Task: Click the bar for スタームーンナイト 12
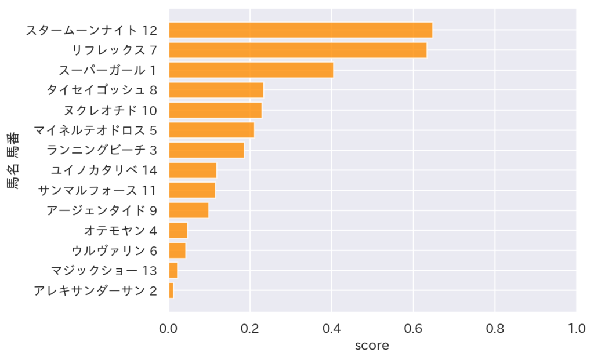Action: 300,30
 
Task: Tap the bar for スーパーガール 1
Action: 251,70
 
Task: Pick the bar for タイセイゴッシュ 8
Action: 216,90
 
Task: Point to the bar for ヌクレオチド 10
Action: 215,110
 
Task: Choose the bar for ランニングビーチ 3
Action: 206,150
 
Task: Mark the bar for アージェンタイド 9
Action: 189,210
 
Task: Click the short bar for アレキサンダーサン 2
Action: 171,290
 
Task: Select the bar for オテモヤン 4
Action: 178,230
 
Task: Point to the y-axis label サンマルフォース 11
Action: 97,190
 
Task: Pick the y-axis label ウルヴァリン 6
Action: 114,250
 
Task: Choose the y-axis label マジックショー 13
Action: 104,271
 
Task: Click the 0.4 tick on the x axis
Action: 332,329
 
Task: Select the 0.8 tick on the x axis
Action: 495,329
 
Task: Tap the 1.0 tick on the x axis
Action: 576,329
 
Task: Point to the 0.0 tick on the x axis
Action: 169,329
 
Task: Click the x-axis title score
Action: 372,346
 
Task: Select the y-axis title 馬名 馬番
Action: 12,161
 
